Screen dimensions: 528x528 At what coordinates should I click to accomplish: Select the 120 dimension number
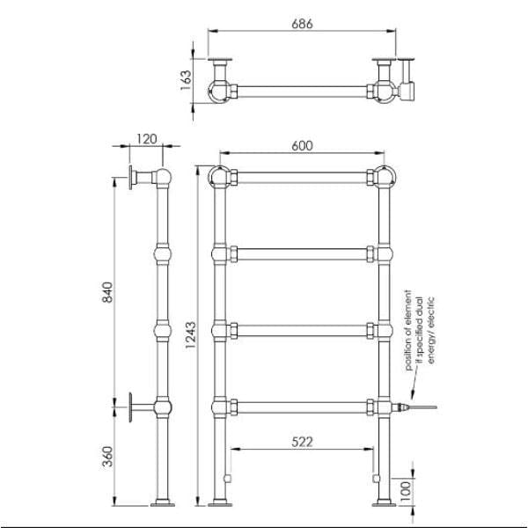click(x=145, y=138)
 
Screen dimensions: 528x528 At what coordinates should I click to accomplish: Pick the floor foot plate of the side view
click(x=165, y=505)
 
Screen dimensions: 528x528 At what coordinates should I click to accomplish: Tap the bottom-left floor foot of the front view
click(x=220, y=505)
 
